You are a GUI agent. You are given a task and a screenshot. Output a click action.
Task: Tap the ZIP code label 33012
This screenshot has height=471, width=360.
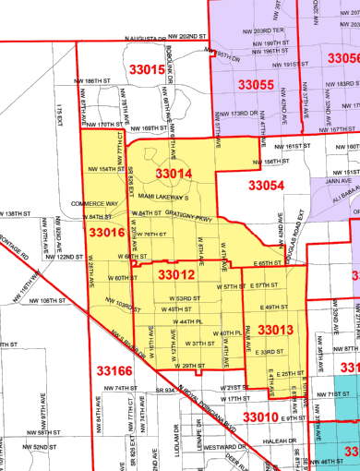(175, 274)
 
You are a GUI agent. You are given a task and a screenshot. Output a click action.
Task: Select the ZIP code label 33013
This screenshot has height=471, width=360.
(275, 330)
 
